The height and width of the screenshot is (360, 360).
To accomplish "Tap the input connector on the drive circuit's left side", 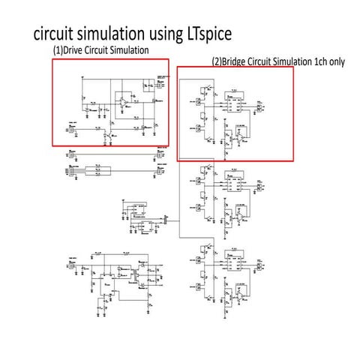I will (x=72, y=129).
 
